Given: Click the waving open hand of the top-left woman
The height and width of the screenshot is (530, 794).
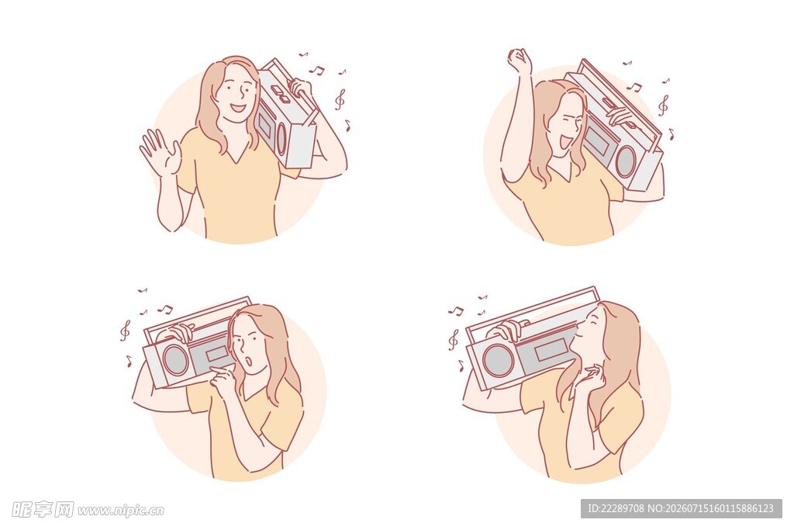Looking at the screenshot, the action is coord(160,152).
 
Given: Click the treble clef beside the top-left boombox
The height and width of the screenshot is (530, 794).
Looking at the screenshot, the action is coord(340,99).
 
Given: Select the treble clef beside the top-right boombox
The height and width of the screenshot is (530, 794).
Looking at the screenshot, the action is coord(663,106).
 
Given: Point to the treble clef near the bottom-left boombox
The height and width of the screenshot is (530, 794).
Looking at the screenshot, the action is coord(125,331).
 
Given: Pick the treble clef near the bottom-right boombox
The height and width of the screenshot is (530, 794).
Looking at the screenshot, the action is coord(453,339).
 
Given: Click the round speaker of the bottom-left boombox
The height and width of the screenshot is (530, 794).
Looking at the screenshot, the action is coord(176,360).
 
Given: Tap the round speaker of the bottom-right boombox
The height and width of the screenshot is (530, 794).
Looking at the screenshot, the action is coord(497,360).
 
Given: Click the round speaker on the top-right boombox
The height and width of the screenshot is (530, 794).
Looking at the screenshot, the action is coord(626,161).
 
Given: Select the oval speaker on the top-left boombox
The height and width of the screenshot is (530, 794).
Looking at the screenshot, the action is coord(280,137).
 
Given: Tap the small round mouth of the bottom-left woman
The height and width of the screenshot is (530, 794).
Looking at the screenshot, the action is coord(248,362).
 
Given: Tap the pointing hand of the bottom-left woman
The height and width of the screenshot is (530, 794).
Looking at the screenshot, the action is coord(223,376).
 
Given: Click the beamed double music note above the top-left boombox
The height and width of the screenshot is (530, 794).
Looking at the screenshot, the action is coord(316,70).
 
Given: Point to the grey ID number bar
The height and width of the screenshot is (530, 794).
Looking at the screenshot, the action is coord(681,508).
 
